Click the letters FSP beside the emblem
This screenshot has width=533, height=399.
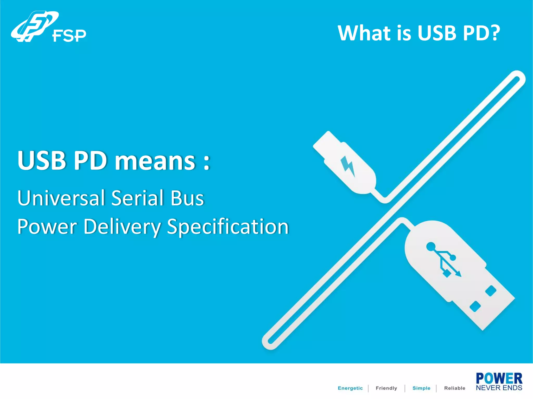tap(69, 36)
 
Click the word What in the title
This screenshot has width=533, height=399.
tap(364, 33)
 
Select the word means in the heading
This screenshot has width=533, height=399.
tap(155, 161)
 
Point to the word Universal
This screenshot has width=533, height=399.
tap(61, 198)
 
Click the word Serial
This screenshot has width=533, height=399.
tap(137, 198)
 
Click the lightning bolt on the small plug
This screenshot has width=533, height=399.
tap(348, 166)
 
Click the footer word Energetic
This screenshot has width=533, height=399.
tap(350, 388)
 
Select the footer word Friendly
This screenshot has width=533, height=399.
tap(386, 388)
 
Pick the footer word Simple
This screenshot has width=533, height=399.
tap(421, 388)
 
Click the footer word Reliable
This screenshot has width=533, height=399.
tap(454, 388)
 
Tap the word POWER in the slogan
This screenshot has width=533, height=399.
tap(499, 378)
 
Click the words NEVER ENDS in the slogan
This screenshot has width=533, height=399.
tap(499, 388)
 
